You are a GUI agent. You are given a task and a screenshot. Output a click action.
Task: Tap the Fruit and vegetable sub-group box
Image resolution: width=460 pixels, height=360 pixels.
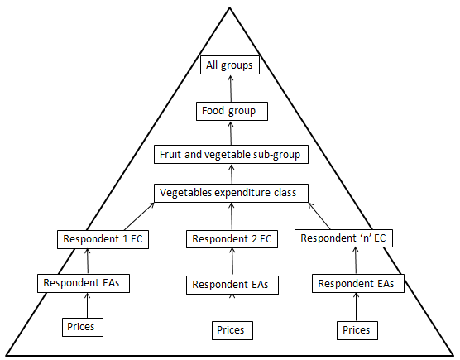coord(232,155)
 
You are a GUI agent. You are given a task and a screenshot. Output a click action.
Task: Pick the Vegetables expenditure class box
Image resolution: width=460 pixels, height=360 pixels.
coord(232,193)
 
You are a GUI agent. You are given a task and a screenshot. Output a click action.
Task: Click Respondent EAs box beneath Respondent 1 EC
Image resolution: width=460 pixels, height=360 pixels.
coord(85,283)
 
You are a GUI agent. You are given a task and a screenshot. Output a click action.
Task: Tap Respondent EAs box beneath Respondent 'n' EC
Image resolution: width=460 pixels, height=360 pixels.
coord(356,283)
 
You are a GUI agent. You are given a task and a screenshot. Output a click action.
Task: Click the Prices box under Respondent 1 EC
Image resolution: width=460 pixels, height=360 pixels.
coord(84,327)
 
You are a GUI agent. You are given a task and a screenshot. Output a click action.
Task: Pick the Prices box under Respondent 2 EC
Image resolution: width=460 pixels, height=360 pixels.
coord(230,329)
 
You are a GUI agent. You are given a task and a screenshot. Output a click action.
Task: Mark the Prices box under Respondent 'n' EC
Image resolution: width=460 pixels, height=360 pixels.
coord(356,329)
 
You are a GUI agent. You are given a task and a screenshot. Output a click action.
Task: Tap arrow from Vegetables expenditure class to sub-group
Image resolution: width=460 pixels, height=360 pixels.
coord(232,174)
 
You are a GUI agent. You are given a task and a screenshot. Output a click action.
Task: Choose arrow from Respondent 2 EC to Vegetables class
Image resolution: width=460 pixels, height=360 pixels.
coord(232,216)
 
